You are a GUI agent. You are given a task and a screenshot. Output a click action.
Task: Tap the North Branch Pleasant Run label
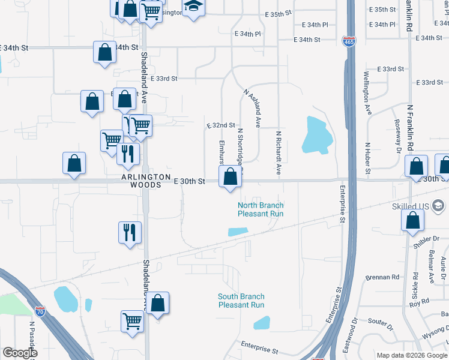(261, 209)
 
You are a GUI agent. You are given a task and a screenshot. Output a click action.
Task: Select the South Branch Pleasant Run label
(241, 301)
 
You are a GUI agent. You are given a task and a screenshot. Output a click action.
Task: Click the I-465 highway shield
(349, 41)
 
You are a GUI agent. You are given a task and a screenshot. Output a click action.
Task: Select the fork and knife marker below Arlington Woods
(130, 232)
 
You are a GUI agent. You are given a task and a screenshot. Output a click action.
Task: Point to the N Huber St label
(367, 158)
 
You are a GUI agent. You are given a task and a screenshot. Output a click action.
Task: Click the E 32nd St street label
(220, 125)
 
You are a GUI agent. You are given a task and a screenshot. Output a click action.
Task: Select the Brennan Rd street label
(382, 277)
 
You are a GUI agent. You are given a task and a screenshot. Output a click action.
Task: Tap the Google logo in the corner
(20, 353)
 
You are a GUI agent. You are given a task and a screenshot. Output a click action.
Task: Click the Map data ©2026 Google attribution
(412, 355)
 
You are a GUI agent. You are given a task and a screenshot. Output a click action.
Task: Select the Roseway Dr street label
(397, 131)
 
